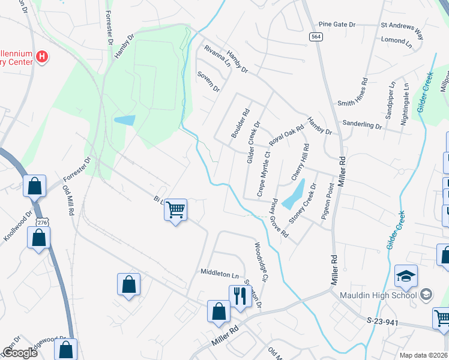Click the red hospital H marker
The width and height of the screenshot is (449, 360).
(42, 57)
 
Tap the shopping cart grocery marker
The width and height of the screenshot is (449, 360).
(176, 210)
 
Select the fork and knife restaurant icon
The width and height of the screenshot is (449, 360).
(240, 296)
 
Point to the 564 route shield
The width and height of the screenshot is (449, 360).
(316, 37)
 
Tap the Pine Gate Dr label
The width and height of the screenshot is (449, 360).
(337, 25)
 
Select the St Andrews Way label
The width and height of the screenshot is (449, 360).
(402, 26)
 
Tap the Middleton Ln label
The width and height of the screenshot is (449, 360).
(220, 274)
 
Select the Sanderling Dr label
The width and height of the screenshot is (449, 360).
(362, 125)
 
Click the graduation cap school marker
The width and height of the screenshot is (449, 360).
(406, 276)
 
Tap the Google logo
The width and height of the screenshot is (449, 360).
(20, 353)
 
